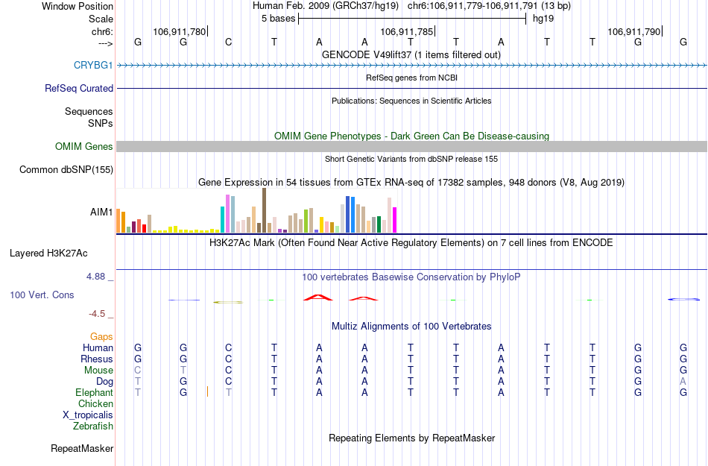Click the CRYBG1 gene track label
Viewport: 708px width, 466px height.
tap(93, 65)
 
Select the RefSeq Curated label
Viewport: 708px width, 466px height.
tap(79, 88)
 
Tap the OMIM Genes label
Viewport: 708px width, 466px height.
tap(84, 147)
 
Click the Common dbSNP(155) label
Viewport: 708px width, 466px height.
tap(66, 170)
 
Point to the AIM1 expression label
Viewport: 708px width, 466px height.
tap(101, 212)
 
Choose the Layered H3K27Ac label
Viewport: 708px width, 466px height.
tap(62, 253)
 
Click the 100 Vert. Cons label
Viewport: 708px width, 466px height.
tap(42, 295)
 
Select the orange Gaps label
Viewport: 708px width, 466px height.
tap(101, 337)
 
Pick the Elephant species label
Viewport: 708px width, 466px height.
tap(95, 392)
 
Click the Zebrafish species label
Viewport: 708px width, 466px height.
tap(93, 426)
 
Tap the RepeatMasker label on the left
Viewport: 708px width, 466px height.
tap(82, 449)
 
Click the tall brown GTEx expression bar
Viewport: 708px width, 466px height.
tap(264, 210)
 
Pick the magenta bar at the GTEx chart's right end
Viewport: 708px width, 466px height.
tap(395, 220)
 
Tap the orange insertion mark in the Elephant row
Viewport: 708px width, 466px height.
tap(207, 391)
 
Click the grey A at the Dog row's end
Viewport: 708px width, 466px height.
tap(683, 381)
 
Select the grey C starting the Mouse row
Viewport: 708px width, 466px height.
tap(137, 370)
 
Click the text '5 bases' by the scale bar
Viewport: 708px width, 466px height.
tap(278, 19)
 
